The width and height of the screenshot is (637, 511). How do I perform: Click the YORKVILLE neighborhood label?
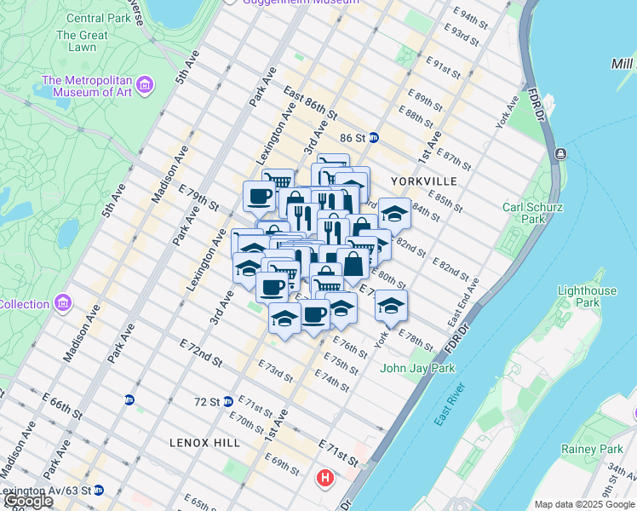point(424,181)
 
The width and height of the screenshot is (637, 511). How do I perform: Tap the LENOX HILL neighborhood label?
point(201,443)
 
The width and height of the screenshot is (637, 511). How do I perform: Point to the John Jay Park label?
point(417,368)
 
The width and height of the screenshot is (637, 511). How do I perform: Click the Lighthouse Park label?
point(587,296)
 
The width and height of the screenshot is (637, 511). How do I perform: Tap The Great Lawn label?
point(82,42)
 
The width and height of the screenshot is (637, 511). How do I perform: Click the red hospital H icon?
point(324,479)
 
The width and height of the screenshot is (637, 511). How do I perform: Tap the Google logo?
point(27,501)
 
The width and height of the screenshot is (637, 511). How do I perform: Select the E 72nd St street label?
point(200,351)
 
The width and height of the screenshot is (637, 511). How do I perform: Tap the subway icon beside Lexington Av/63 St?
point(99,490)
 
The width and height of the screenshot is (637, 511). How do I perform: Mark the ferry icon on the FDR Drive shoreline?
point(560,153)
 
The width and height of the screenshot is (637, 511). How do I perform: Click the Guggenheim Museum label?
point(285,3)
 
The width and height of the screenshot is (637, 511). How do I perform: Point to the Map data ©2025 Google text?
point(583,504)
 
